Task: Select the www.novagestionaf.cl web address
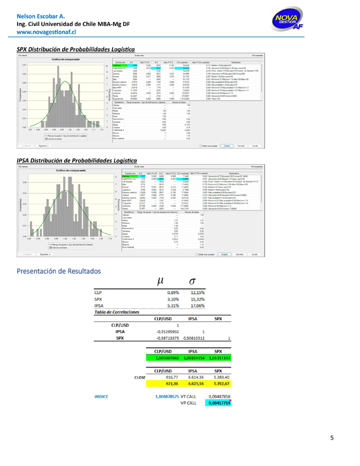click(42, 33)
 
